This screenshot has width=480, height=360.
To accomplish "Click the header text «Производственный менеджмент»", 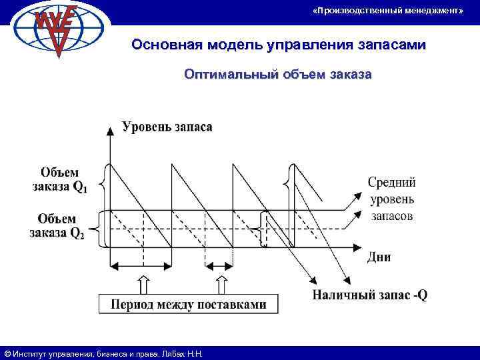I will (387, 11).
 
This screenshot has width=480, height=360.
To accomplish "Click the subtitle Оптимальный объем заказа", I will (277, 75).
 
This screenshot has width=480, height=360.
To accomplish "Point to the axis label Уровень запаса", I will (167, 127).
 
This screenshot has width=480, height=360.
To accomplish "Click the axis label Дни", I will (379, 257).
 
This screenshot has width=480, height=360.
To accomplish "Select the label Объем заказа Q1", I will (59, 180).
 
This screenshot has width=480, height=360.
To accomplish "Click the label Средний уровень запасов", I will (391, 198).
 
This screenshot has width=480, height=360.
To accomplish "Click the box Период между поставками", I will (189, 304).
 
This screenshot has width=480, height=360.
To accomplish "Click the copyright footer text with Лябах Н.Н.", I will (103, 353).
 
